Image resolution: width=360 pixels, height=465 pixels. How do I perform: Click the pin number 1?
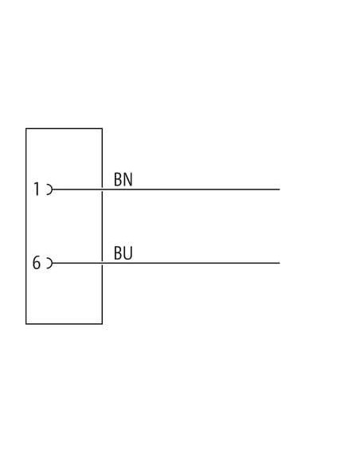[x=37, y=189]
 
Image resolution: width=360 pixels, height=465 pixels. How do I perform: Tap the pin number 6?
[x=36, y=263]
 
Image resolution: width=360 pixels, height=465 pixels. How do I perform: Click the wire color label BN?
[x=123, y=179]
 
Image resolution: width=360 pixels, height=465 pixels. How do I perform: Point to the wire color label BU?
[x=123, y=253]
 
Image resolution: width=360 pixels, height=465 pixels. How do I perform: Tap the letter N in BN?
[x=127, y=179]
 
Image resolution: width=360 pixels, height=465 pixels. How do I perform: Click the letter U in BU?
[x=127, y=253]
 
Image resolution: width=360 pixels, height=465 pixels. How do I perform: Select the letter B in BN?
[x=118, y=179]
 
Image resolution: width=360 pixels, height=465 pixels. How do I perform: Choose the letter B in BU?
[x=118, y=253]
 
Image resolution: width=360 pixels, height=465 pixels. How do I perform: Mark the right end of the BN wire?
[x=280, y=190]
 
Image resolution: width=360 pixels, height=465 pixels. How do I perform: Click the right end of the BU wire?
[x=280, y=263]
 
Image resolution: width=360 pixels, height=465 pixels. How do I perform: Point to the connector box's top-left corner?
[x=26, y=128]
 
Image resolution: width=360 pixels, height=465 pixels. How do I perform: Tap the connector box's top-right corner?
[x=102, y=128]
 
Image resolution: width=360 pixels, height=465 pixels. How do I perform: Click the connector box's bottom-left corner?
[x=26, y=324]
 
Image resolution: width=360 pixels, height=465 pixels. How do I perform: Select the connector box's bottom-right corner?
[x=102, y=324]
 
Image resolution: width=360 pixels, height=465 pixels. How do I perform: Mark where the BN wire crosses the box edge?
[x=102, y=190]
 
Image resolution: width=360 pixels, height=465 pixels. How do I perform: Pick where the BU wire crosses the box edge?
[x=102, y=263]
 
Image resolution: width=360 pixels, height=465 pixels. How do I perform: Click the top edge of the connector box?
[x=64, y=128]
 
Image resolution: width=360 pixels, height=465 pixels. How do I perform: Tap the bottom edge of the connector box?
[x=64, y=324]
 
